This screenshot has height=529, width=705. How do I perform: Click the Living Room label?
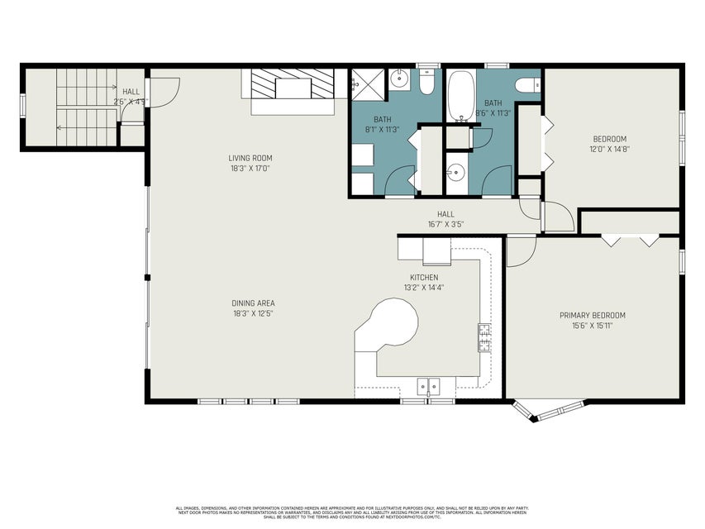(250, 158)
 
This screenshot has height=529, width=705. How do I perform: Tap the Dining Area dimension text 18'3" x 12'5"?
(252, 313)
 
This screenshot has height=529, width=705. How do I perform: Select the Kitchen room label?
(424, 277)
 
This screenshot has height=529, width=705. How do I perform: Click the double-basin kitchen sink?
(429, 384)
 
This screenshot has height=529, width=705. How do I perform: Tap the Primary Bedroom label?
(592, 315)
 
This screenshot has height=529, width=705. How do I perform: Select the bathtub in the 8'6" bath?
(460, 96)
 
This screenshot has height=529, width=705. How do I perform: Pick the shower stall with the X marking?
(365, 81)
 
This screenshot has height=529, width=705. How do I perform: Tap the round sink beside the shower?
(398, 80)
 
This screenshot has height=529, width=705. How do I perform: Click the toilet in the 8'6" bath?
(526, 84)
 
